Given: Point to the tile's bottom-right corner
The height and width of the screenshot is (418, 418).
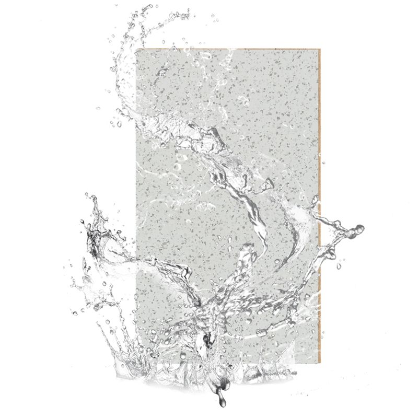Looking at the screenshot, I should tap(319, 362).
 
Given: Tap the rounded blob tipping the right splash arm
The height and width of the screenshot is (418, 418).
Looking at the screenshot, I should tap(359, 228).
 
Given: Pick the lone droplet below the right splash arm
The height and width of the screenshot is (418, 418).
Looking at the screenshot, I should tap(339, 266).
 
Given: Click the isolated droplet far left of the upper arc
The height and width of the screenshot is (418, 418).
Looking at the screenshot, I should tap(98, 109).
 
